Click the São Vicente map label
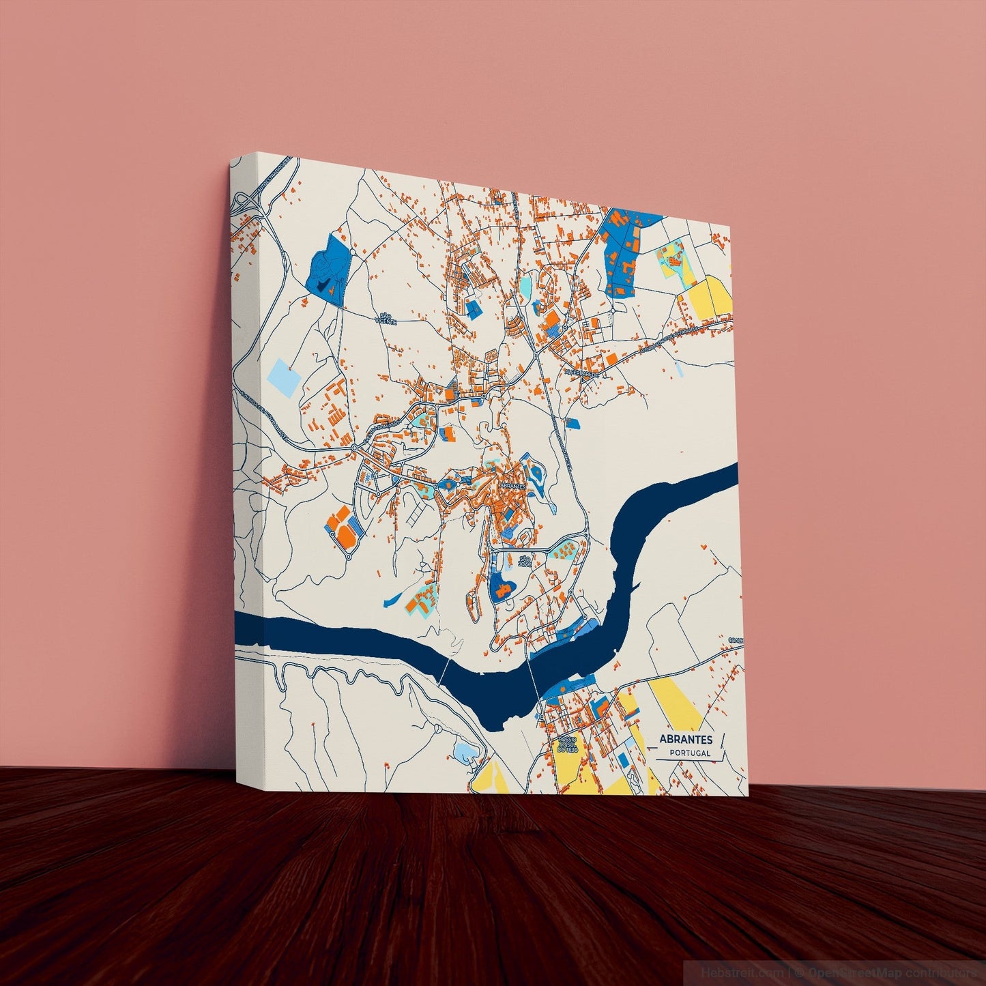pos(385,318)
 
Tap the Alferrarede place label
pos(581,373)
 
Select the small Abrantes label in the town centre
pos(512,485)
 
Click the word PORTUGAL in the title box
pos(690,753)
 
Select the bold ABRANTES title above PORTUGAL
pos(686,739)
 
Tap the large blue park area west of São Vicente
pos(327,270)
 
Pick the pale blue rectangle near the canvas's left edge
pos(283,376)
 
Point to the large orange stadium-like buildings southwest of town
pos(345,525)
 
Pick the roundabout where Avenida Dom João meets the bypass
pos(355,447)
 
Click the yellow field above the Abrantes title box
pos(680,703)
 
